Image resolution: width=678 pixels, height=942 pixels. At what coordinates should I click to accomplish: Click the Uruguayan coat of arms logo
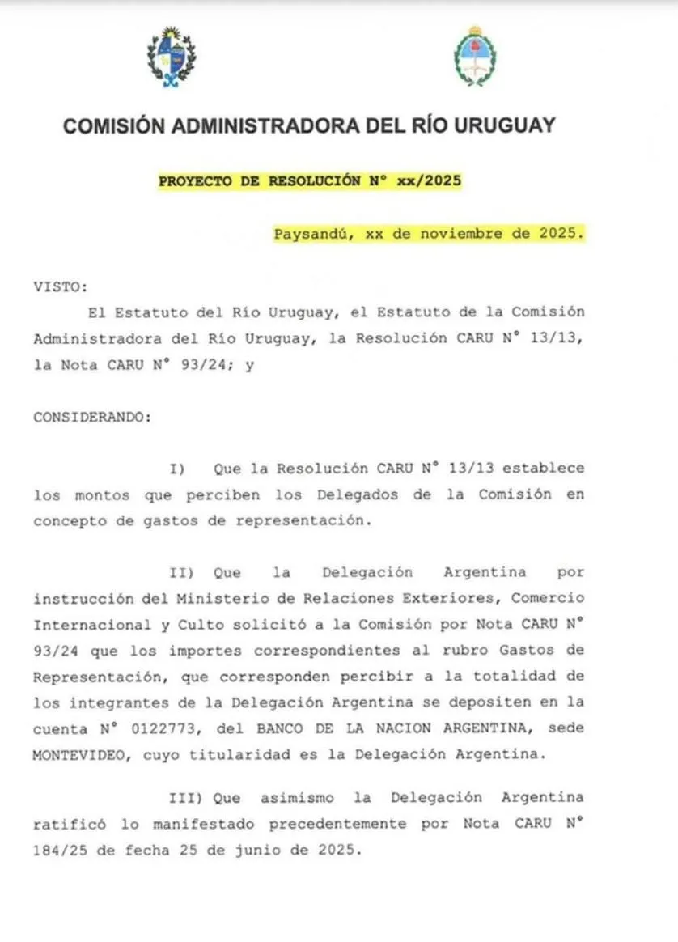click(171, 57)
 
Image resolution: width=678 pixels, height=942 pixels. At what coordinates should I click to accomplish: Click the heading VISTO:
click(60, 286)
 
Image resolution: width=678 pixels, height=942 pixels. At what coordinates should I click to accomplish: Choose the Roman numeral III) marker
click(186, 797)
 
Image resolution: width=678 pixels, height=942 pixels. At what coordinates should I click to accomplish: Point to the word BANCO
click(283, 728)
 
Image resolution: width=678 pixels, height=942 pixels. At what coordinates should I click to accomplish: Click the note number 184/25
click(65, 850)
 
